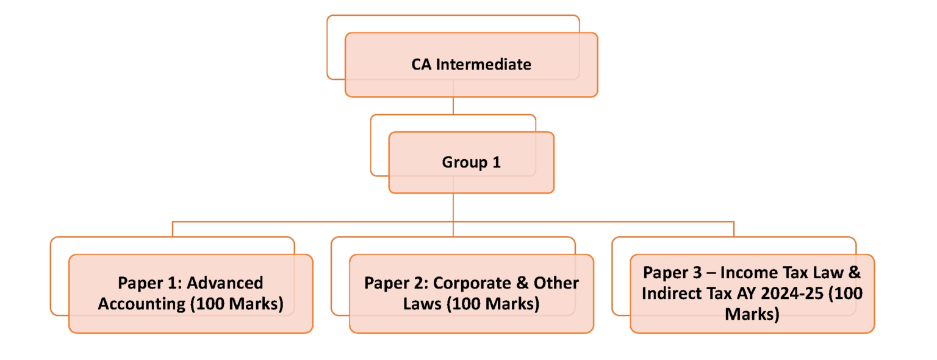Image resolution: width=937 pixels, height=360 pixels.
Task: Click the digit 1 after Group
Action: [x=496, y=163]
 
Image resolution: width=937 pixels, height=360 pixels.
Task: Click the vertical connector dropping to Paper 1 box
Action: [x=173, y=229]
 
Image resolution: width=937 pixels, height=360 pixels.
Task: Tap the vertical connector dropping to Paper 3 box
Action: [x=734, y=229]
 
